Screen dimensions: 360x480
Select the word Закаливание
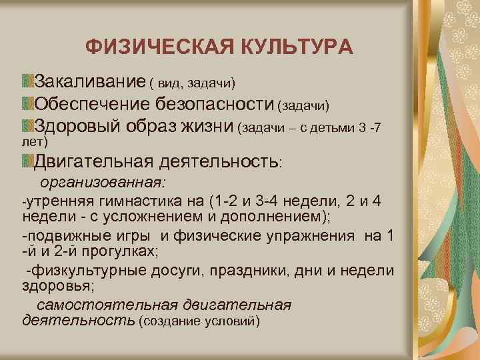(x=90, y=82)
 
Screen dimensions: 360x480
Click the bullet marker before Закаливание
(x=27, y=81)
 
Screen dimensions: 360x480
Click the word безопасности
(x=215, y=104)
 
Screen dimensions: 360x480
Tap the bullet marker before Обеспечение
(x=27, y=103)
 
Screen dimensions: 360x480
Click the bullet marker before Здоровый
(x=27, y=125)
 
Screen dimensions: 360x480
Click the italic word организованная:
(x=103, y=182)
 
